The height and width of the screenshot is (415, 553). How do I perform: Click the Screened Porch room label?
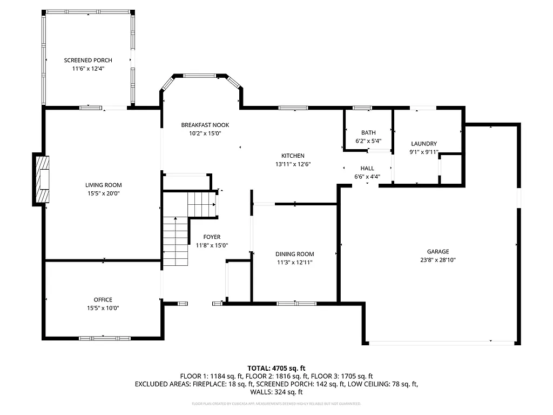tap(88, 60)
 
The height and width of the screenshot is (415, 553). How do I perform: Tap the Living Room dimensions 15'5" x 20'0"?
tap(103, 193)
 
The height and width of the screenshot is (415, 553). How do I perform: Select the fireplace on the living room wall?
tap(42, 178)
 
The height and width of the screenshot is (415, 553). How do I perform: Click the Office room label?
tap(103, 300)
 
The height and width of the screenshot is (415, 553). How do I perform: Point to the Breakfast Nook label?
tap(201, 125)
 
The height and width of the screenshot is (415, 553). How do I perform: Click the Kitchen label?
tap(293, 156)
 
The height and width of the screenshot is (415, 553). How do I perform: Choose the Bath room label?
tap(368, 133)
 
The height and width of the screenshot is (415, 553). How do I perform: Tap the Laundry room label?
tap(423, 144)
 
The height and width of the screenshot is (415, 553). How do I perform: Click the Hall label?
tap(367, 169)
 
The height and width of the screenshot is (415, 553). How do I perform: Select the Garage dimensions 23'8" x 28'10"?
tap(438, 259)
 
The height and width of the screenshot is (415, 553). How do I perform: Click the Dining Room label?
tap(294, 254)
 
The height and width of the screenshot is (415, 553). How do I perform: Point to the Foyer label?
tap(212, 237)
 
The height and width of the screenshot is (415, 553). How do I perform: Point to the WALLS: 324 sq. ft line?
tap(276, 392)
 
